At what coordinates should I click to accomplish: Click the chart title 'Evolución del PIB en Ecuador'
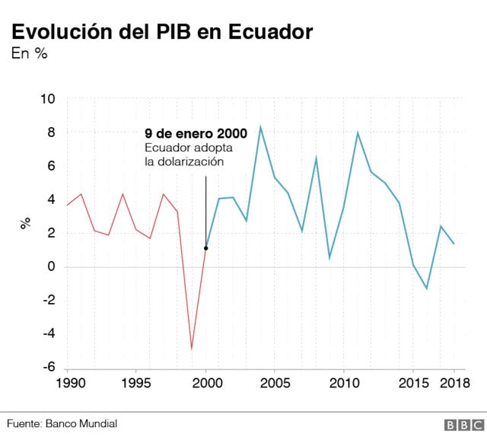(161, 32)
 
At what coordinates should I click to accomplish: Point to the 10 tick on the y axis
(48, 99)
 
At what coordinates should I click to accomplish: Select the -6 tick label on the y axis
(48, 367)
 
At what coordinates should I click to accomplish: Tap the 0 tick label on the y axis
(52, 266)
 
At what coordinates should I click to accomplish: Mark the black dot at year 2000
(205, 248)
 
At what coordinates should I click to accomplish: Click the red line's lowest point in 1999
(192, 349)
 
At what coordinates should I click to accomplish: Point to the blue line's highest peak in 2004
(261, 126)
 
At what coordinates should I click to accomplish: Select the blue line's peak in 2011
(358, 132)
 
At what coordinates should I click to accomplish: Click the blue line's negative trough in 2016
(427, 289)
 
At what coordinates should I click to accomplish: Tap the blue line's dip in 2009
(329, 258)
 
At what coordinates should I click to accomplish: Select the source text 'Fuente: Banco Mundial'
(62, 423)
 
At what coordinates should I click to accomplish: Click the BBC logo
(459, 424)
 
